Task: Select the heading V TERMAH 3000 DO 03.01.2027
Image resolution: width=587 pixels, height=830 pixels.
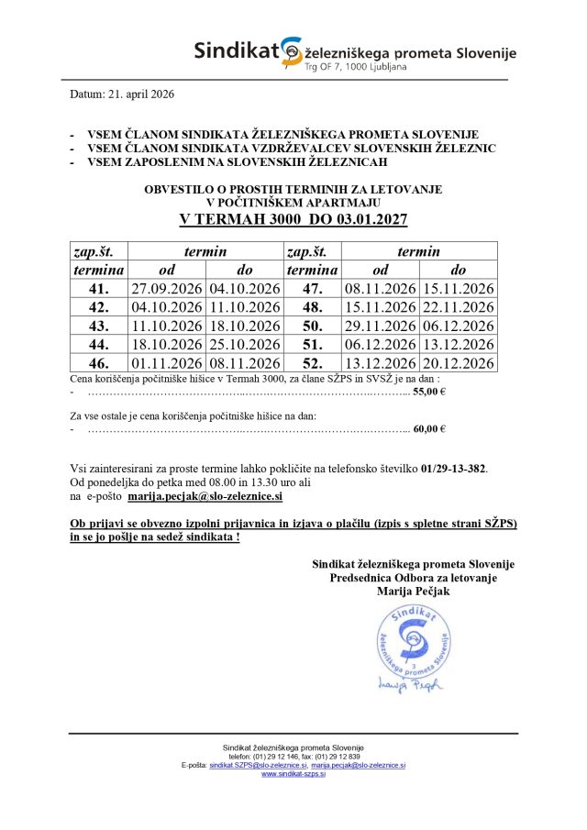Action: click(x=293, y=221)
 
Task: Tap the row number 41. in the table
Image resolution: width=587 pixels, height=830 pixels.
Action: click(x=98, y=289)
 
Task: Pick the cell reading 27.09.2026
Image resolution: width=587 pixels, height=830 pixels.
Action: click(x=167, y=289)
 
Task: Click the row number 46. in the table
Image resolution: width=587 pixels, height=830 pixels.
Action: click(x=98, y=363)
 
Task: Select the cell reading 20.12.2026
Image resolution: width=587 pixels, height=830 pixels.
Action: click(x=458, y=363)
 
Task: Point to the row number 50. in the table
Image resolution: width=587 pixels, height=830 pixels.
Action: click(x=312, y=326)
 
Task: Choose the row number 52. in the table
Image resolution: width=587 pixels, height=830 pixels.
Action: click(x=312, y=363)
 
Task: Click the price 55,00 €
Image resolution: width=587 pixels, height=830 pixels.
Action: click(x=429, y=391)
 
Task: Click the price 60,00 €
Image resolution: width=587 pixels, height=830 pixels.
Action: click(x=429, y=428)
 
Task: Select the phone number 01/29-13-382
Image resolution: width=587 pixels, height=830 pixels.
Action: click(x=454, y=468)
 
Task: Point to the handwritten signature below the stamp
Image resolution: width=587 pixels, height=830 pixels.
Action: click(x=409, y=683)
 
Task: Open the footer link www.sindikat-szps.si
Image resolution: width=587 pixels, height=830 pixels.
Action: click(x=293, y=774)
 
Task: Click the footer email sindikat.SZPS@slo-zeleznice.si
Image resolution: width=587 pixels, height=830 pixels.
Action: click(x=255, y=765)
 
